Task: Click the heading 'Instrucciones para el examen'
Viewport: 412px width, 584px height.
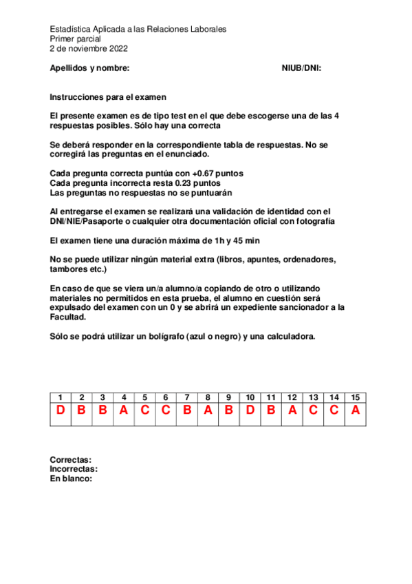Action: point(108,98)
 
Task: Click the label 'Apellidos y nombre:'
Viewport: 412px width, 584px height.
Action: point(90,68)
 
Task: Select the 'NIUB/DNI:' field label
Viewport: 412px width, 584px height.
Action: point(302,68)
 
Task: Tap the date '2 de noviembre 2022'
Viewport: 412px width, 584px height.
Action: point(89,49)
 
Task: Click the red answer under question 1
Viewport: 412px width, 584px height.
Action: point(61,411)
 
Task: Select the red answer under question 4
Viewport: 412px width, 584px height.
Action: point(124,411)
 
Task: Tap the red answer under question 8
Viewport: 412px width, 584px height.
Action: point(208,411)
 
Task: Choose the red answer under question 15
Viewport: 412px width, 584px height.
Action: point(355,411)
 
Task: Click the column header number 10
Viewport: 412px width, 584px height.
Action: point(250,397)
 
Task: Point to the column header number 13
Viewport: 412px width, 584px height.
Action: point(313,397)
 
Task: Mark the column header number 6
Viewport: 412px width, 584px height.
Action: point(166,397)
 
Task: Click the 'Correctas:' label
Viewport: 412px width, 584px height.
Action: point(71,459)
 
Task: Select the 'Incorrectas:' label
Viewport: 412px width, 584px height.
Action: point(74,469)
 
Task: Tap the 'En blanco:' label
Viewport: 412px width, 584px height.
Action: point(71,479)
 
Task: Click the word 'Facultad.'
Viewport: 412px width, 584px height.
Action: point(68,317)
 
